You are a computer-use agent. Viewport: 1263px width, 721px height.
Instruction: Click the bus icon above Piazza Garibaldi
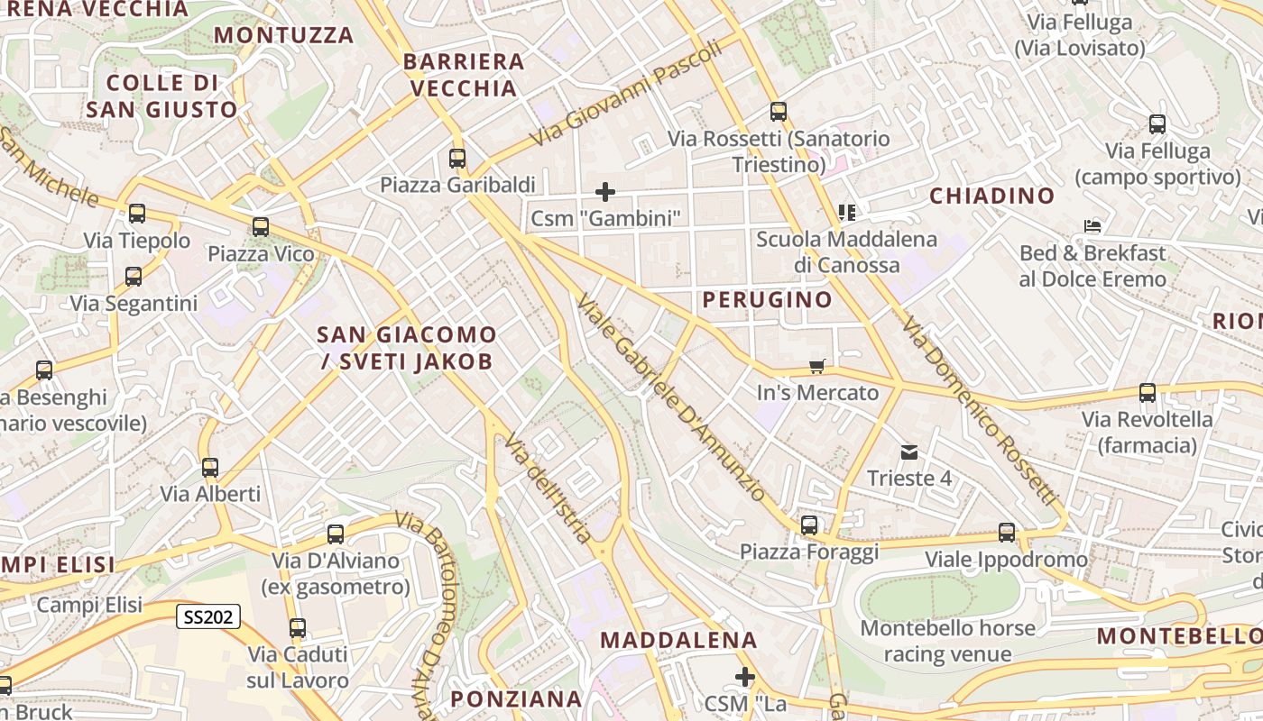pyautogui.click(x=457, y=159)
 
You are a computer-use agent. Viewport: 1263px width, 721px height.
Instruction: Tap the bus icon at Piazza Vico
pyautogui.click(x=261, y=227)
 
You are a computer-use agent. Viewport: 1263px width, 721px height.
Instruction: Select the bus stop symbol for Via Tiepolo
pyautogui.click(x=137, y=214)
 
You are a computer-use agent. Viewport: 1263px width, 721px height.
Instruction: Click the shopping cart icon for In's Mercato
pyautogui.click(x=816, y=366)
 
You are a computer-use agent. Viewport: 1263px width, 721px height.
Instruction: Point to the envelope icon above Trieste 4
pyautogui.click(x=908, y=452)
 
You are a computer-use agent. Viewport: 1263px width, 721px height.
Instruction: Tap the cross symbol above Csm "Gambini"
pyautogui.click(x=605, y=191)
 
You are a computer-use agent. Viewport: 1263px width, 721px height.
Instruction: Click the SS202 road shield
pyautogui.click(x=207, y=616)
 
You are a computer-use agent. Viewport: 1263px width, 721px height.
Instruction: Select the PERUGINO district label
pyautogui.click(x=768, y=299)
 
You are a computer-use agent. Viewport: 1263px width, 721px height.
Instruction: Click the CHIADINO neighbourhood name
pyautogui.click(x=991, y=196)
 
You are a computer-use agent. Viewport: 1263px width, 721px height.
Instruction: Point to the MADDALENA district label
pyautogui.click(x=678, y=640)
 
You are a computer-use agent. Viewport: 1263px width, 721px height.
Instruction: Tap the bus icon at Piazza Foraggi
pyautogui.click(x=809, y=525)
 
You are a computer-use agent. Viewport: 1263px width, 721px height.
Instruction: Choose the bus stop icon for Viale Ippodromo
pyautogui.click(x=1007, y=533)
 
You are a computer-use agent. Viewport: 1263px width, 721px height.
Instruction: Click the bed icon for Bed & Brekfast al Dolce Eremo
pyautogui.click(x=1093, y=226)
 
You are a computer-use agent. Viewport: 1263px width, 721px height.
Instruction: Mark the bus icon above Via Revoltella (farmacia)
pyautogui.click(x=1148, y=393)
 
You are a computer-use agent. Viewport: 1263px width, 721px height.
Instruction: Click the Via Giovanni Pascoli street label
pyautogui.click(x=626, y=93)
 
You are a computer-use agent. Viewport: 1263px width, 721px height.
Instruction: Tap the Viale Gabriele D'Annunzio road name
pyautogui.click(x=671, y=397)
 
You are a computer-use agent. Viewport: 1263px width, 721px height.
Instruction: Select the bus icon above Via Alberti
pyautogui.click(x=210, y=468)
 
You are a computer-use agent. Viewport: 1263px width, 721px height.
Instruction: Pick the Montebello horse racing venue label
pyautogui.click(x=947, y=640)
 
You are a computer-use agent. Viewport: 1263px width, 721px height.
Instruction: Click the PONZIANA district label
pyautogui.click(x=516, y=698)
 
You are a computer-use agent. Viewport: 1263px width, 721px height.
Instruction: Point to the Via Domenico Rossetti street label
pyautogui.click(x=978, y=411)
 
